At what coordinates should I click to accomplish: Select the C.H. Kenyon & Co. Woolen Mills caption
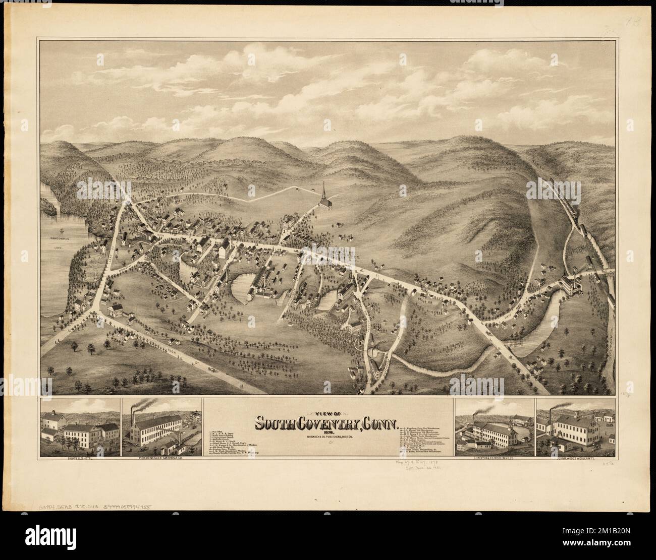tap(493, 460)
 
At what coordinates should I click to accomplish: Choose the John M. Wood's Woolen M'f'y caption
tap(575, 460)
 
